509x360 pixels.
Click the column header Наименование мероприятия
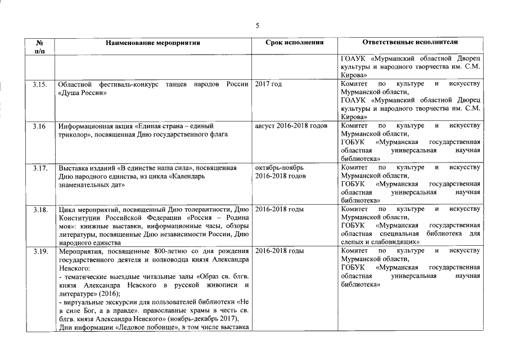152,42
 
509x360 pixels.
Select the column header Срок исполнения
294,42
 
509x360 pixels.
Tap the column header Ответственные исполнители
410,42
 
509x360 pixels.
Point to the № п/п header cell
40,46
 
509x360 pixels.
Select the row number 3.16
39,125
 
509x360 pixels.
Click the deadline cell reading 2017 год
268,84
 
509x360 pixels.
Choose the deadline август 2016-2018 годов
291,125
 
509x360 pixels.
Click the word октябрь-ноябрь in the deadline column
280,168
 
